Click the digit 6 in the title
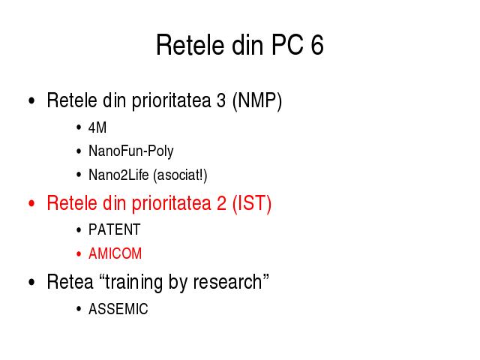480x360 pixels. (317, 45)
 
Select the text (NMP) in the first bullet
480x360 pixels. (257, 100)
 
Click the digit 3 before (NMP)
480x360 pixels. (221, 100)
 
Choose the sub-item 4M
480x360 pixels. (97, 127)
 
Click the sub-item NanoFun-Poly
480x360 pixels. (131, 151)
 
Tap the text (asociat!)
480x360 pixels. (180, 175)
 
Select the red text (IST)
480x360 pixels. (252, 203)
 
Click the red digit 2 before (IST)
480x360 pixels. (221, 203)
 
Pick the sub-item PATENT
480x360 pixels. (115, 229)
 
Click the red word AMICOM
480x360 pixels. (115, 253)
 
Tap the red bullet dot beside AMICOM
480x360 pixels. (79, 253)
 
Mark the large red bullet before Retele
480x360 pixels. (31, 203)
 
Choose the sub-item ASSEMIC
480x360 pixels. (118, 309)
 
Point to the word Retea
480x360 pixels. (70, 282)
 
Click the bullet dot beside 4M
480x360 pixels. (79, 127)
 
